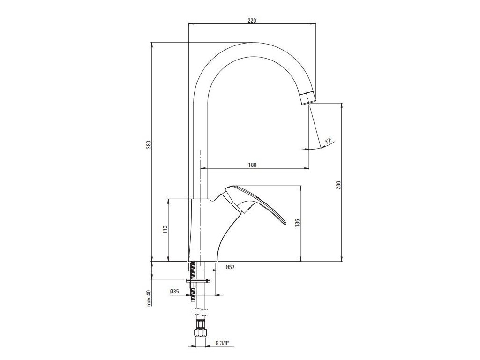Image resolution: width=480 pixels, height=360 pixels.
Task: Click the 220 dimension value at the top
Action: [x=252, y=20]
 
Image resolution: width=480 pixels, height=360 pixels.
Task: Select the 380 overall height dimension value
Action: [x=149, y=145]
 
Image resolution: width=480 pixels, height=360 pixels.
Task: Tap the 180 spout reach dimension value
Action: [x=252, y=165]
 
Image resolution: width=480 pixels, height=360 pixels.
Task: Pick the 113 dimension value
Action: [x=165, y=229]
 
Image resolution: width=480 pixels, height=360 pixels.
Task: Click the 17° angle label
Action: [x=329, y=141]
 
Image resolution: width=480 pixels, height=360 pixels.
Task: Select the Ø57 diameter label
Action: [x=230, y=267]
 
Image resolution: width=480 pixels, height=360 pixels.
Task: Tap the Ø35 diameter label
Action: [x=174, y=292]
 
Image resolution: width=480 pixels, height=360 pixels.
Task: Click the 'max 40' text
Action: [x=149, y=298]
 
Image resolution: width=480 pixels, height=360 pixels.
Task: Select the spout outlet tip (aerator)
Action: [x=307, y=97]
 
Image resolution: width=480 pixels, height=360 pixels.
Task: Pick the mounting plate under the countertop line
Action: [x=199, y=281]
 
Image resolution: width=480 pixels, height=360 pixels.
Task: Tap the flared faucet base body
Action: [x=206, y=234]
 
